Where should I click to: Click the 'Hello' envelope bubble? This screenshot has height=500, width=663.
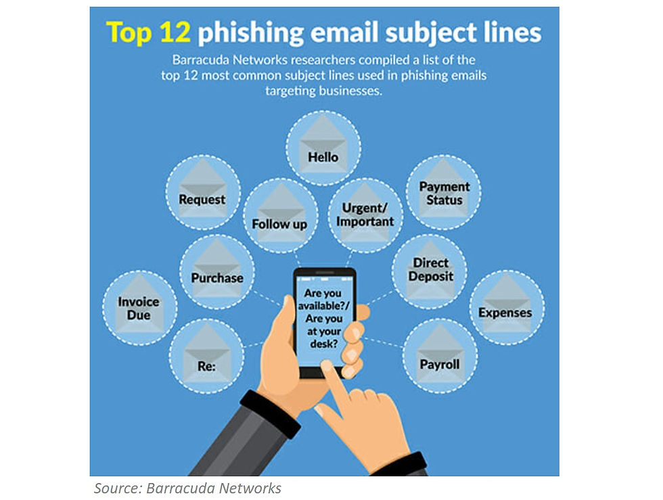323,148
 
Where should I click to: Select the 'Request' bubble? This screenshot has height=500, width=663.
202,193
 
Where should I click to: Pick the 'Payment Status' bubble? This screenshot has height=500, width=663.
444,192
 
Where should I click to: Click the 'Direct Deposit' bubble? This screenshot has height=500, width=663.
430,269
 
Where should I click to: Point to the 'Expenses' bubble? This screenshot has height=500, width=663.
505,309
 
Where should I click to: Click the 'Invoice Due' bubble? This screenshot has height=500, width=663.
139,307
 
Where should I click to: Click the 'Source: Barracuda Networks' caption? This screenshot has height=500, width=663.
187,488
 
